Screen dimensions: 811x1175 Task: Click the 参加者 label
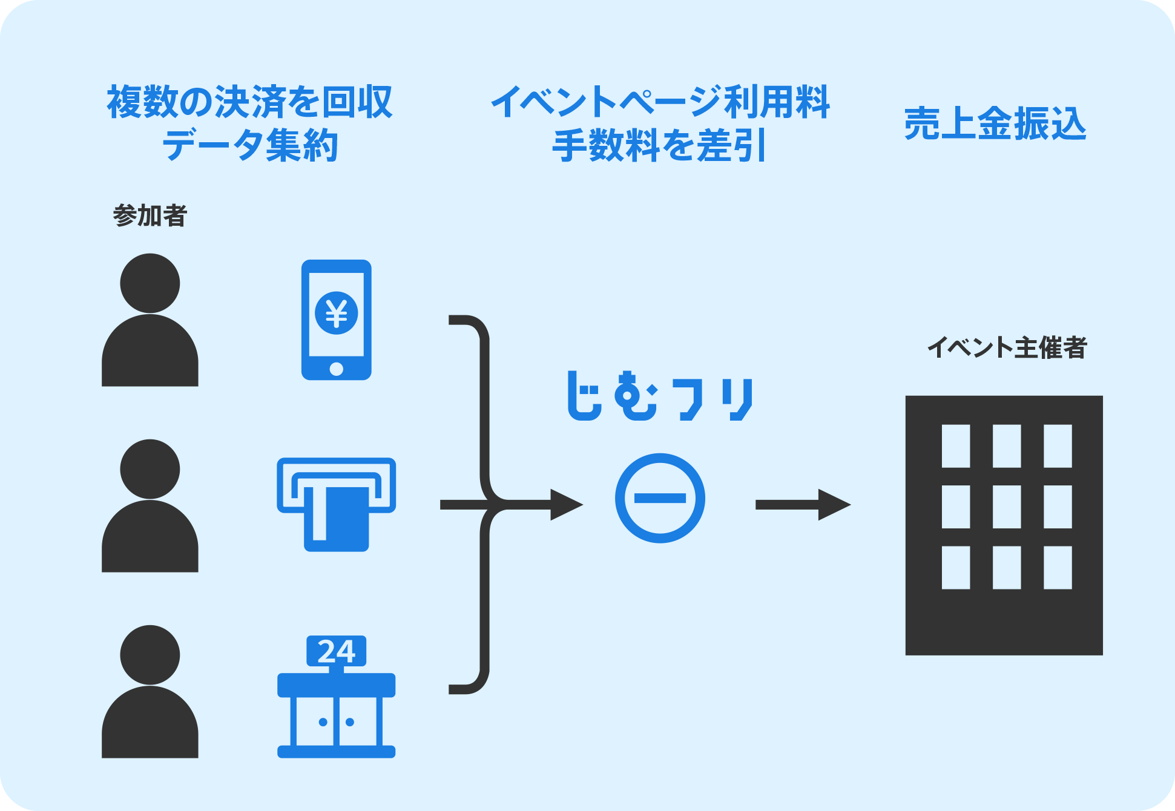[x=150, y=215]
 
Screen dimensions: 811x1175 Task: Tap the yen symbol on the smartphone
[x=337, y=313]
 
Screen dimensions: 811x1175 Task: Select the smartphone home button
[x=337, y=369]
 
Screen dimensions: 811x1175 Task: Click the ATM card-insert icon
[x=337, y=504]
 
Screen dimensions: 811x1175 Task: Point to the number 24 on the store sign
[x=337, y=651]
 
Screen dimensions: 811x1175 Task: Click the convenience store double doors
[x=337, y=721]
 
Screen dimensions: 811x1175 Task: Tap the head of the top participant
[x=150, y=283]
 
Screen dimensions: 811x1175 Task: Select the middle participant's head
[x=150, y=469]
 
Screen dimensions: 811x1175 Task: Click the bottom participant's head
[x=150, y=655]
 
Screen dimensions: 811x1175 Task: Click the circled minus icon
[x=660, y=498]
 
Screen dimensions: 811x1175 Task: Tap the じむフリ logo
[x=660, y=397]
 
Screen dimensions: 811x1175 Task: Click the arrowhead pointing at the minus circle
[x=566, y=505]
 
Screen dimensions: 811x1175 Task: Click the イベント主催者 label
[x=1007, y=348]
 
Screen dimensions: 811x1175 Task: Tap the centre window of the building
[x=1007, y=507]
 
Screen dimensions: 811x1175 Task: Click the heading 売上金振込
[x=995, y=124]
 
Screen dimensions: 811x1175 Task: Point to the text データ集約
[x=250, y=146]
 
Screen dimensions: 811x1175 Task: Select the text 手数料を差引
[x=660, y=146]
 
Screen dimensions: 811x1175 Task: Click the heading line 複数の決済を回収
[x=250, y=102]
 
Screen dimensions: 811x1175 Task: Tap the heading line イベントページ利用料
[x=660, y=102]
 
